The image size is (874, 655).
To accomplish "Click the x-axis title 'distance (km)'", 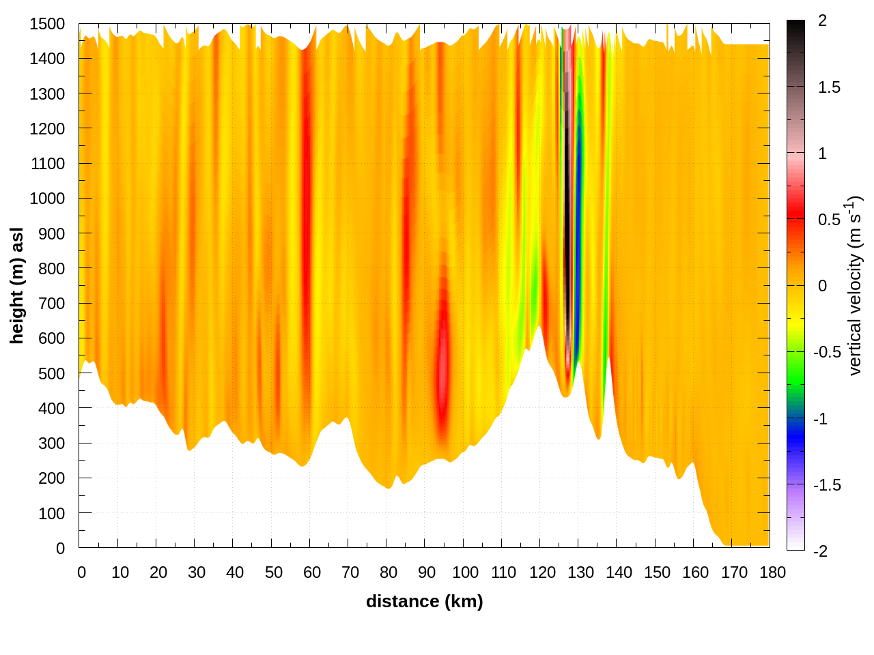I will click(424, 601).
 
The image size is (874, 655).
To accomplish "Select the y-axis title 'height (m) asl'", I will click(17, 286).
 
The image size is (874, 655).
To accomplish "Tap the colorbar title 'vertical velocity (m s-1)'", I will click(855, 286).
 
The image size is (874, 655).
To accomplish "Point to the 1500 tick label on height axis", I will click(47, 24).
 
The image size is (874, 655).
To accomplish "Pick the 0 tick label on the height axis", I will click(60, 548).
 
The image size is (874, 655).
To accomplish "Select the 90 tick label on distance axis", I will click(427, 572).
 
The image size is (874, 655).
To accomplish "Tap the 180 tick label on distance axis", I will click(772, 572).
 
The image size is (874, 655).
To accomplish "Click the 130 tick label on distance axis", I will click(580, 572).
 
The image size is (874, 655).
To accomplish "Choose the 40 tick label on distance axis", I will click(235, 572).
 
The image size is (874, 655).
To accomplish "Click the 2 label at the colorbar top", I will click(822, 21).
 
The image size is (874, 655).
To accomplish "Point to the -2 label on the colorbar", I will click(820, 551).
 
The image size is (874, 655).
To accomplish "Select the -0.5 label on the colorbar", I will click(826, 352).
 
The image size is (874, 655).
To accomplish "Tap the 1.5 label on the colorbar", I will click(829, 87).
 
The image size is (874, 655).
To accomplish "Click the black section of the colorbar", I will click(795, 34).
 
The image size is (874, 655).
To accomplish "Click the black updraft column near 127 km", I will click(567, 239).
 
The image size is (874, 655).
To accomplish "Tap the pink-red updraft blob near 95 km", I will click(443, 362).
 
